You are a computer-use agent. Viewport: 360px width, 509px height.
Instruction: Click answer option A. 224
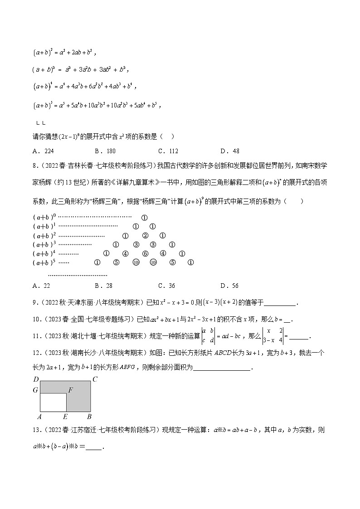pos(41,151)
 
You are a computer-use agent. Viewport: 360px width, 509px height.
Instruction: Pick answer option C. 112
pos(168,151)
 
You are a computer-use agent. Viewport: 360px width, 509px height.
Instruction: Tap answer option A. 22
pos(41,286)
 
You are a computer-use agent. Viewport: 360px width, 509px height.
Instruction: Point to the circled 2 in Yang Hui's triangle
pos(145,236)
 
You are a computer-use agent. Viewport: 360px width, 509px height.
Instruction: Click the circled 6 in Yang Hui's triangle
pos(145,254)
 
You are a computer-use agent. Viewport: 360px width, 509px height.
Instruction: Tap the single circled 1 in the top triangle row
pos(144,218)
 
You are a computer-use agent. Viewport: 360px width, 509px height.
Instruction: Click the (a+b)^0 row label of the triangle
pos(44,218)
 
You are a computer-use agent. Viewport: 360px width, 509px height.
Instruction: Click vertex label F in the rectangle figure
pos(70,390)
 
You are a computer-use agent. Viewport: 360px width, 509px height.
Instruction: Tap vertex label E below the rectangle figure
pos(66,417)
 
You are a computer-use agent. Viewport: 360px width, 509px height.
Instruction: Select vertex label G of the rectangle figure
pos(36,390)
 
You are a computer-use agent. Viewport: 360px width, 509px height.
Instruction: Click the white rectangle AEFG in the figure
pos(54,402)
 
